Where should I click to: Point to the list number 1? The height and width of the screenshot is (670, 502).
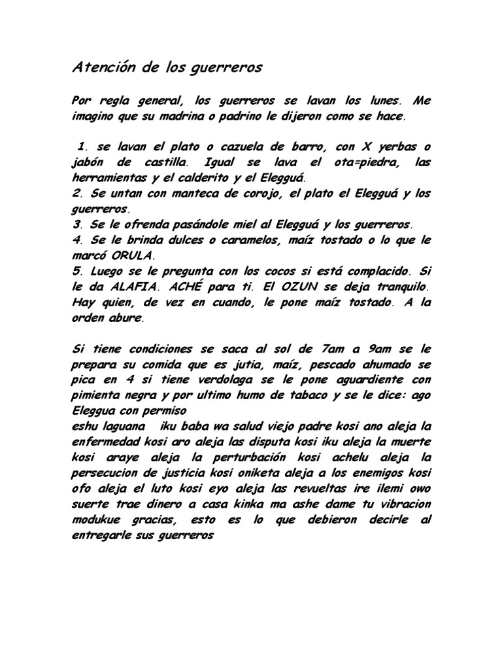82,145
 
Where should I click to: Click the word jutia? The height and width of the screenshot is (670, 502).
252,365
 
